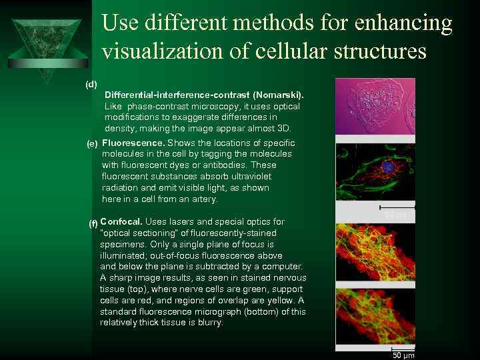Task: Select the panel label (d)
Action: point(91,84)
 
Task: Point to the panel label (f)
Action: point(93,223)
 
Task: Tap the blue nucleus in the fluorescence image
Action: point(387,169)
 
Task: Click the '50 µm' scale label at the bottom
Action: point(403,355)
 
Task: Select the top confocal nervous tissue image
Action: point(375,252)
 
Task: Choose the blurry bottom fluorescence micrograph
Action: point(375,319)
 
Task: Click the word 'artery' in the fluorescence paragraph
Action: point(203,199)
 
